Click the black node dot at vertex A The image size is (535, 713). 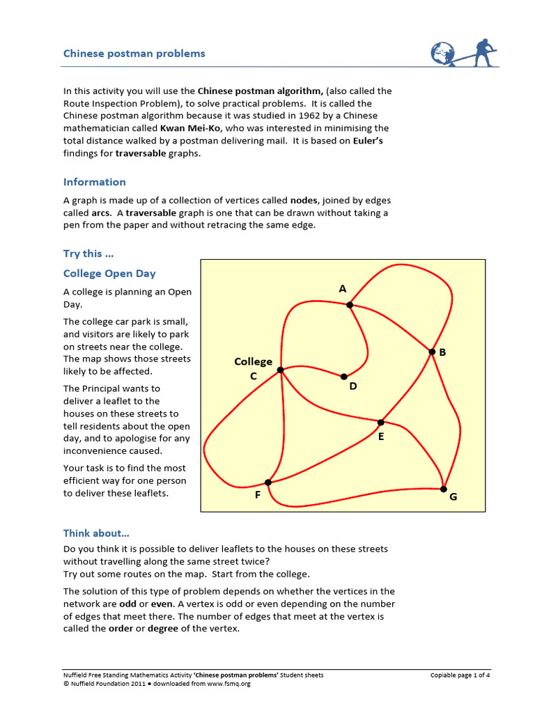tap(350, 305)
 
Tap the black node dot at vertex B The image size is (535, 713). tap(431, 352)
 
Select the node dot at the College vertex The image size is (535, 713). tap(281, 370)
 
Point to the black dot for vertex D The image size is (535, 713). tap(344, 377)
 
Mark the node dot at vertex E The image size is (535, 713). tap(380, 422)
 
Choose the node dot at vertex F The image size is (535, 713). tap(268, 482)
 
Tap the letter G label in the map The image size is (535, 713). tap(453, 498)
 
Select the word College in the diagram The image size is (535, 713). tap(253, 361)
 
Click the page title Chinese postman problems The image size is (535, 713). tap(134, 54)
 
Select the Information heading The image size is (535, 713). tap(95, 182)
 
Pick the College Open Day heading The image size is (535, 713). tap(109, 274)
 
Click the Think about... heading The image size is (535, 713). tap(96, 533)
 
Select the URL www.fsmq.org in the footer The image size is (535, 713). tap(230, 684)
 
